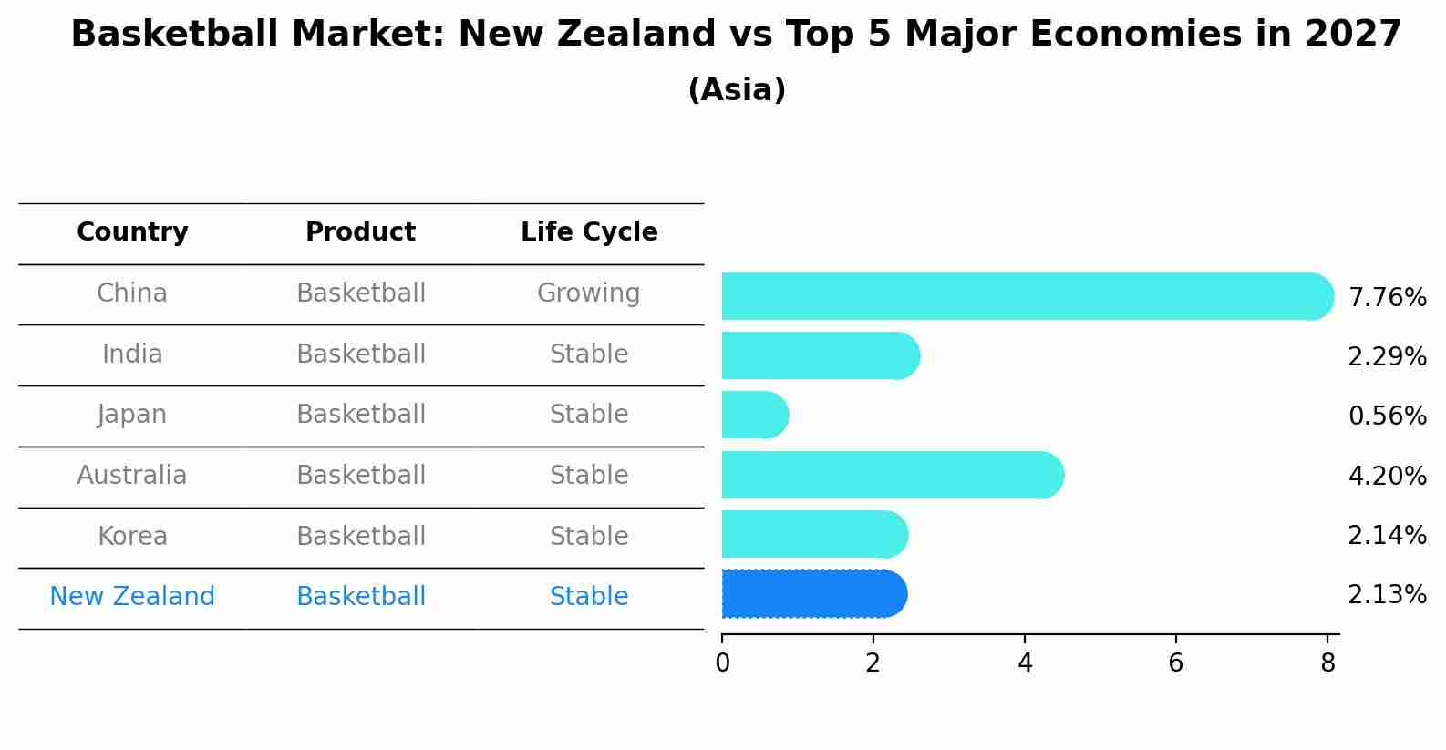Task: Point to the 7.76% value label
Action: click(x=1387, y=298)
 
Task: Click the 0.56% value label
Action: click(x=1387, y=416)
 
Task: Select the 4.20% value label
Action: click(x=1387, y=476)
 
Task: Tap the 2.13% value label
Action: click(x=1387, y=595)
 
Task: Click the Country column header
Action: click(x=132, y=232)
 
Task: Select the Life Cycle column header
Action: click(x=589, y=232)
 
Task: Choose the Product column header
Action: click(x=360, y=232)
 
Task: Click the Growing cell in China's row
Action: click(x=588, y=293)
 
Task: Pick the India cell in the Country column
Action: click(x=132, y=354)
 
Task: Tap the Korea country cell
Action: click(x=132, y=537)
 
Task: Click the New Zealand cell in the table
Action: click(x=132, y=597)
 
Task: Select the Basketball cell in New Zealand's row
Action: click(x=361, y=597)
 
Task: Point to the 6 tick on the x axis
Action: click(x=1176, y=663)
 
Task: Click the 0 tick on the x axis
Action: click(x=722, y=663)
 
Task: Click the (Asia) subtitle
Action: click(x=737, y=90)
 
